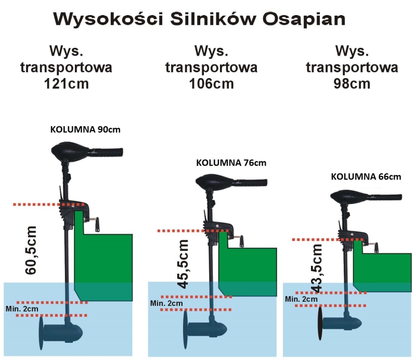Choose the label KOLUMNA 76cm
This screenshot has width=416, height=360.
click(231, 162)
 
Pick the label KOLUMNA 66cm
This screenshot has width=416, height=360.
click(366, 176)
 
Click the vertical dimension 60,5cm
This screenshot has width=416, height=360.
click(32, 250)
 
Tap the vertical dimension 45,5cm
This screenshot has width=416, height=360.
click(183, 264)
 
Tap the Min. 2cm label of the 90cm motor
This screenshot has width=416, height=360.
click(22, 309)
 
